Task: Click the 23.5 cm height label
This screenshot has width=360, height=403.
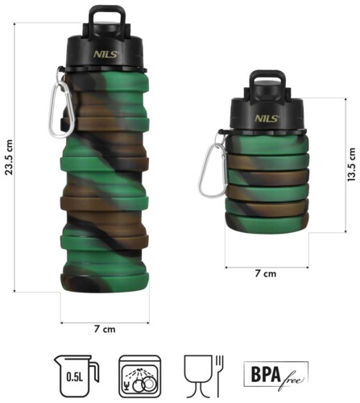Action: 9,157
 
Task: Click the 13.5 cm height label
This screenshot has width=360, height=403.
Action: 351,164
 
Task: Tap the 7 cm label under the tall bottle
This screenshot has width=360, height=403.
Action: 105,329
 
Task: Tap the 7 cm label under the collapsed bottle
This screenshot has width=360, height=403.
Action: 266,273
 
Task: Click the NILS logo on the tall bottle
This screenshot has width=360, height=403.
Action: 106,55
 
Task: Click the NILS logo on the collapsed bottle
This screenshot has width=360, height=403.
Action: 267,118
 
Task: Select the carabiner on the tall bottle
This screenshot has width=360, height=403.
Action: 60,107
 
